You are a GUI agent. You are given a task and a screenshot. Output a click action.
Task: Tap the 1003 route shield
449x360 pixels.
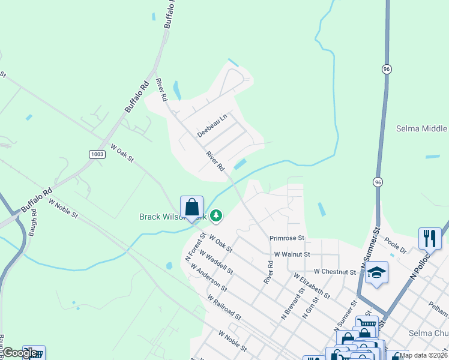(97, 154)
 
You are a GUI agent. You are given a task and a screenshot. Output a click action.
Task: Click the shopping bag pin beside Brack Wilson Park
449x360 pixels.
(191, 208)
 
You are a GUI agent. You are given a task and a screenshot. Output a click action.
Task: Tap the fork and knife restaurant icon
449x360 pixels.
(430, 238)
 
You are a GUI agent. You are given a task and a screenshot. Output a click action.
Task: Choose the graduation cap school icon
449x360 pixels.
(376, 273)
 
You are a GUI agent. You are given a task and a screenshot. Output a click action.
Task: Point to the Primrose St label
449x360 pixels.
(288, 238)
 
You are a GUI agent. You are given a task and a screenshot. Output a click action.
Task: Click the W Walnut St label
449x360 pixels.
(292, 254)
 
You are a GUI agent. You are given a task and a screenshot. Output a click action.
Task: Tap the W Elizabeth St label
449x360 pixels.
(312, 286)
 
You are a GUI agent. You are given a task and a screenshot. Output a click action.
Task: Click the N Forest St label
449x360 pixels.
(195, 247)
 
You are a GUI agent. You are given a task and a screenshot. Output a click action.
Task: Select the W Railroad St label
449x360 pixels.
(223, 306)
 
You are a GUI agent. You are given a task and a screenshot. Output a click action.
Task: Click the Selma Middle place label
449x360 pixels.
(421, 128)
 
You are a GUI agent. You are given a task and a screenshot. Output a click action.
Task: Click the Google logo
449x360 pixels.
(20, 353)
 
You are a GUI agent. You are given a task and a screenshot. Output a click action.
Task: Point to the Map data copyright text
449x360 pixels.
(423, 355)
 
